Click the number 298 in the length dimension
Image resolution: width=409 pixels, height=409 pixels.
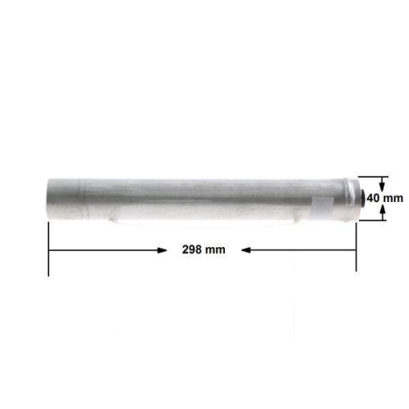tap(191, 249)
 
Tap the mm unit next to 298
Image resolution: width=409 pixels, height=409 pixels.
tap(215, 249)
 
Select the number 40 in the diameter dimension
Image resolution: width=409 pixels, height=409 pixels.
tap(373, 198)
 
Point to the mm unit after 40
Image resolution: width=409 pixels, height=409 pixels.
tap(393, 198)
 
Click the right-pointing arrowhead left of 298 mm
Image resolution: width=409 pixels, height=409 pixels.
tap(160, 249)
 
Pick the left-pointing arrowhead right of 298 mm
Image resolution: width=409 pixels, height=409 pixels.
tap(247, 249)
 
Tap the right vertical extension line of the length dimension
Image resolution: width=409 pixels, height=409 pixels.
tap(356, 245)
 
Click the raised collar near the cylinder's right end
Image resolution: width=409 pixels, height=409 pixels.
tap(344, 199)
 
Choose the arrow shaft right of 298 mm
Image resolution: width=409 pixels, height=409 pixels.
tap(303, 249)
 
